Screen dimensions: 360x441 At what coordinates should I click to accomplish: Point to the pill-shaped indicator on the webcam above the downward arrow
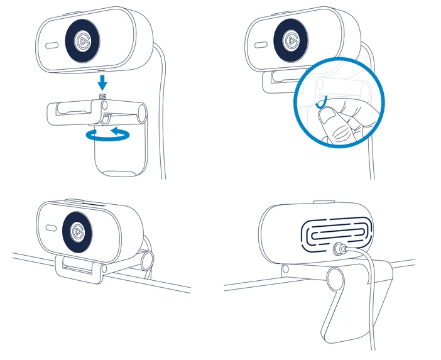coord(52,45)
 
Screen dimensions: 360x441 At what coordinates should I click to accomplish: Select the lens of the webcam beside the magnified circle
coord(291,41)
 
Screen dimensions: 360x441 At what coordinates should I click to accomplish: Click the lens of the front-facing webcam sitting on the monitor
coord(79,231)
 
